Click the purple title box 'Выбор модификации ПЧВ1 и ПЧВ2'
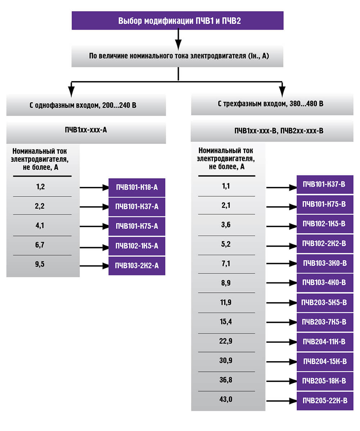pyautogui.click(x=177, y=21)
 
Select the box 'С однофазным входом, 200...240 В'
pyautogui.click(x=86, y=105)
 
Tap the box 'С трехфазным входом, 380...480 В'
pyautogui.click(x=272, y=104)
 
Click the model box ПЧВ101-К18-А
pyautogui.click(x=137, y=188)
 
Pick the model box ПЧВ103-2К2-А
pyautogui.click(x=137, y=266)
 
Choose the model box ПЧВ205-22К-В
pyautogui.click(x=325, y=401)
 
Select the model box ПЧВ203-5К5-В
pyautogui.click(x=325, y=302)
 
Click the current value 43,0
pyautogui.click(x=226, y=399)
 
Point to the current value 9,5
pyautogui.click(x=40, y=264)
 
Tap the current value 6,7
pyautogui.click(x=40, y=244)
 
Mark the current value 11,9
pyautogui.click(x=226, y=302)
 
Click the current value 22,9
pyautogui.click(x=226, y=341)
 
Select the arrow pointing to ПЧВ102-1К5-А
pyautogui.click(x=94, y=247)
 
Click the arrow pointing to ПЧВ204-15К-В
pyautogui.click(x=282, y=362)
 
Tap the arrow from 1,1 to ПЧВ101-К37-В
pyautogui.click(x=282, y=188)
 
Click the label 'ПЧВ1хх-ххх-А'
pyautogui.click(x=86, y=130)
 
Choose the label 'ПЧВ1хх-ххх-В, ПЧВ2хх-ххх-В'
pyautogui.click(x=279, y=131)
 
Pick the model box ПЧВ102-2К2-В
pyautogui.click(x=325, y=243)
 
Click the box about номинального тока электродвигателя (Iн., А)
pyautogui.click(x=177, y=56)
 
